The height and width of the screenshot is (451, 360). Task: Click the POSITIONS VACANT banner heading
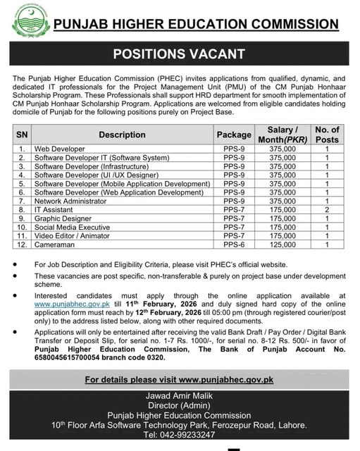point(180,54)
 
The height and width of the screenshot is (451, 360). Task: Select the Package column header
point(234,135)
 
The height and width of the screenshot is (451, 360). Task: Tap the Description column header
point(122,135)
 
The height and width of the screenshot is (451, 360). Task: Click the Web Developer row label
point(61,149)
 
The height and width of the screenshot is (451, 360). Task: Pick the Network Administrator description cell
point(78,201)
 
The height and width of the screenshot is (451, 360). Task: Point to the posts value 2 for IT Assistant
point(327,209)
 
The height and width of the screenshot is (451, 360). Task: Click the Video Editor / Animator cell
point(76,235)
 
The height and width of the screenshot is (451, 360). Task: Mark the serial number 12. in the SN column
point(23,244)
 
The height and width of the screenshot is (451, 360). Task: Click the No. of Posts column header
point(327,135)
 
